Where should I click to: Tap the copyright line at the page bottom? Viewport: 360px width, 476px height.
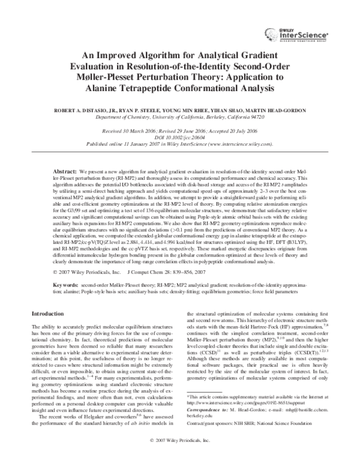point(179,456)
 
